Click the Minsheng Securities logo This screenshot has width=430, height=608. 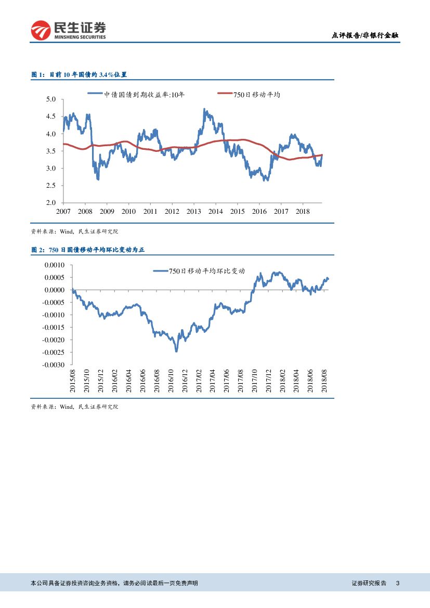68,30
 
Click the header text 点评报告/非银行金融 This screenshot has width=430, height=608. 366,36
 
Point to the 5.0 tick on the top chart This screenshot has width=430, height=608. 51,99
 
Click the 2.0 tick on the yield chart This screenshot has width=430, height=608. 51,203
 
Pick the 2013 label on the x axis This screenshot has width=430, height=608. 194,211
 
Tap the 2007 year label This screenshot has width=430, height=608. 63,211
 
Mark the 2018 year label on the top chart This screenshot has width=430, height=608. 303,211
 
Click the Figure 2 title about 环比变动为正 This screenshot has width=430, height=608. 87,250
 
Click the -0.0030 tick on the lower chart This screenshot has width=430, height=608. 52,365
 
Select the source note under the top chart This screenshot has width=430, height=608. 78,231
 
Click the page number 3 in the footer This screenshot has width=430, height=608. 398,584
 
